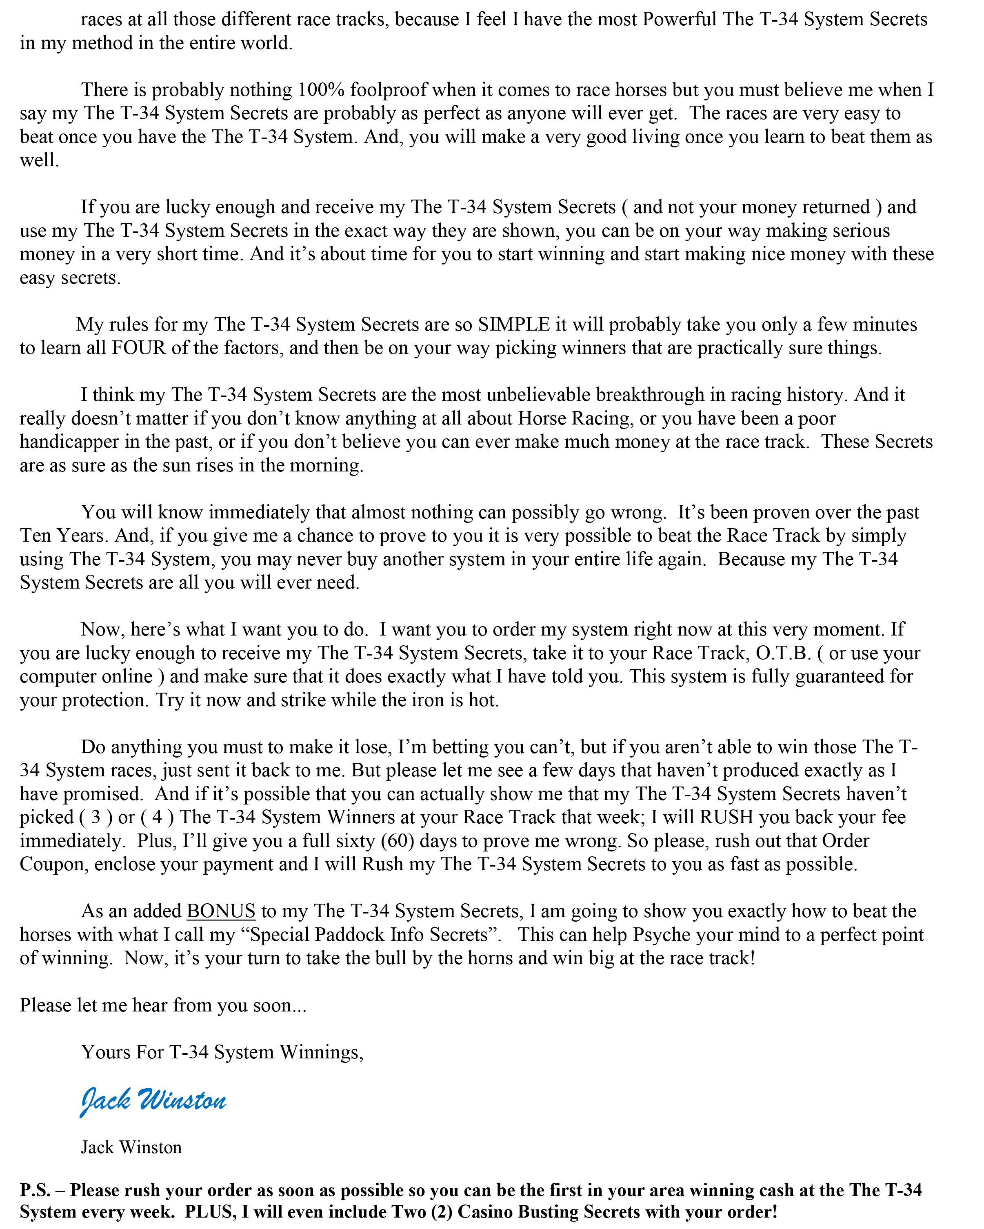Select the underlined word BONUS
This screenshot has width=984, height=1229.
(x=221, y=911)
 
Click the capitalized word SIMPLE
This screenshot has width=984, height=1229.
(x=514, y=324)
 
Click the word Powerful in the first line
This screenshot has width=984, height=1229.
(x=679, y=19)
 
